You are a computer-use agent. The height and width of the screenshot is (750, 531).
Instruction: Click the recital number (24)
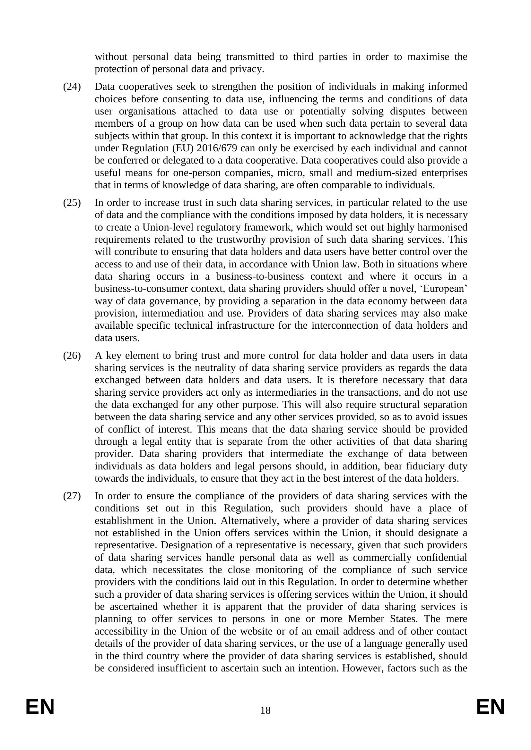click(72, 87)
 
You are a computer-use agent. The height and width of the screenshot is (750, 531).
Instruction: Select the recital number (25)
click(72, 203)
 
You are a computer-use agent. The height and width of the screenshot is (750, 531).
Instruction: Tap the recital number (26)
click(72, 355)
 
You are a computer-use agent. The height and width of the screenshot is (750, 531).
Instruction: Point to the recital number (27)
click(72, 496)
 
